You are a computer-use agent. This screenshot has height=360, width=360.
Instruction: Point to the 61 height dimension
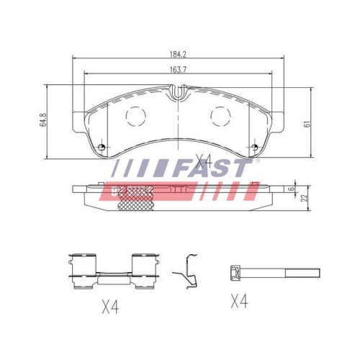click(x=307, y=122)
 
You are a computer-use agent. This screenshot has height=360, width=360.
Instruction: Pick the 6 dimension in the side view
click(x=291, y=189)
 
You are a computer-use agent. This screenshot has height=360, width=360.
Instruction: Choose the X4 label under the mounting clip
click(x=109, y=308)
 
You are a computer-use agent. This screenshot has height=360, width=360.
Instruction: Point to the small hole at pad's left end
click(x=102, y=148)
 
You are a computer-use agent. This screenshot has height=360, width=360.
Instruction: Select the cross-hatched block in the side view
click(x=136, y=207)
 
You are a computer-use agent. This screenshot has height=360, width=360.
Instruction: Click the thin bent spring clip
click(x=189, y=273)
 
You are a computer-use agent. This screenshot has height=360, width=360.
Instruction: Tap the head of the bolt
click(x=234, y=272)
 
